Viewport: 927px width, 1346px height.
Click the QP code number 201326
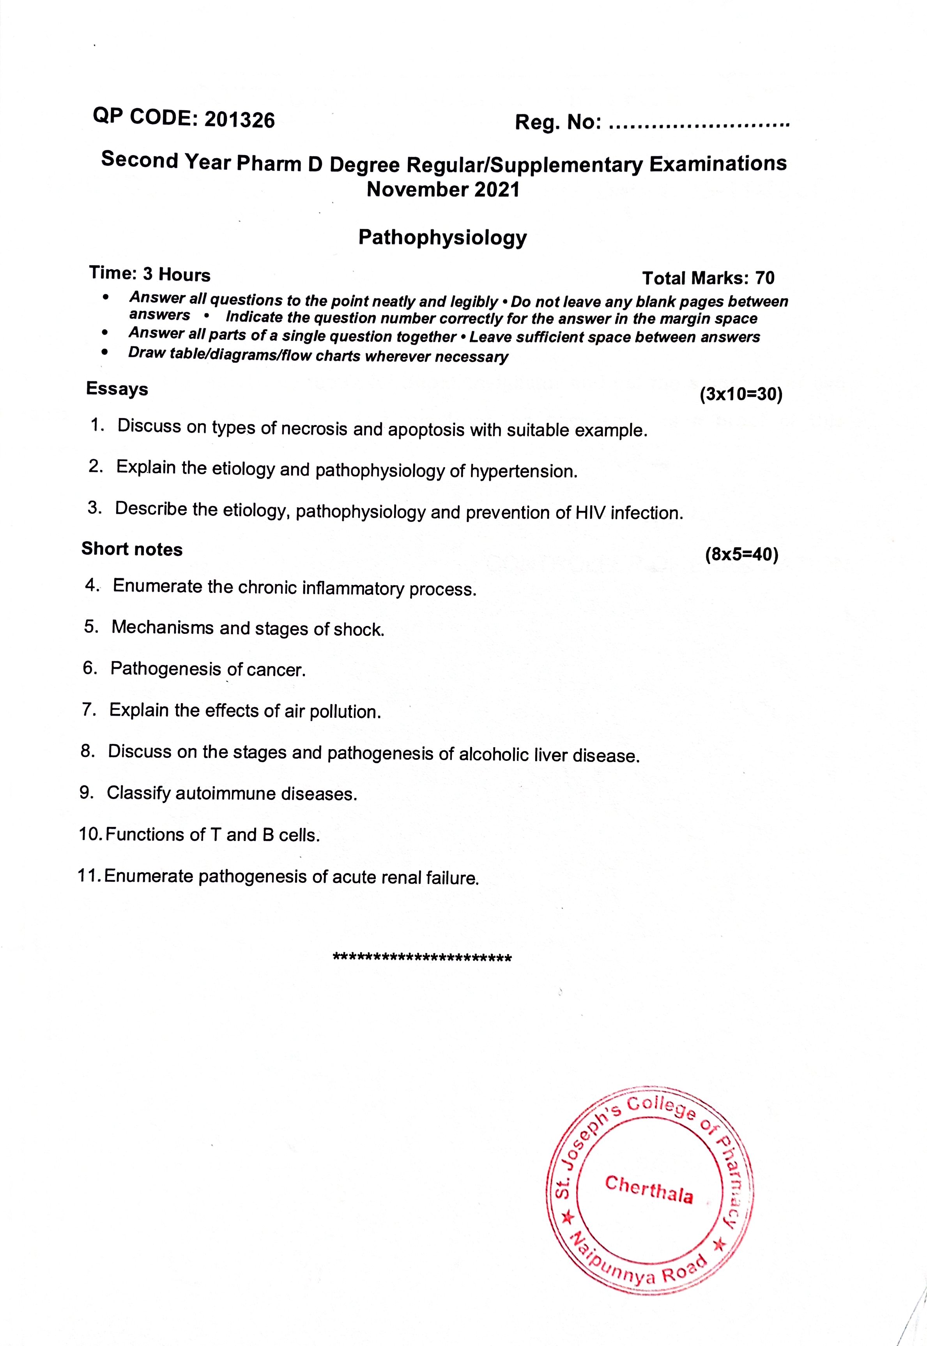(239, 120)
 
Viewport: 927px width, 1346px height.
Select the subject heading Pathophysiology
(442, 237)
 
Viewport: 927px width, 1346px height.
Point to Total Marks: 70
(708, 278)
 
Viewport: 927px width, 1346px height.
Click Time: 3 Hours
(150, 274)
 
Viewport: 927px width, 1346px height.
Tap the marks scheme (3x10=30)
(741, 395)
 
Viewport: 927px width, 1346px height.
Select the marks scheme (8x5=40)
(741, 555)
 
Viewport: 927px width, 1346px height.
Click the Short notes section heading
(132, 549)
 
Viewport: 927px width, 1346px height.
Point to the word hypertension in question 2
(523, 471)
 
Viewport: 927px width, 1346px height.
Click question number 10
(90, 834)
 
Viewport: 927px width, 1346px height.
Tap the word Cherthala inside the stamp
(649, 1189)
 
